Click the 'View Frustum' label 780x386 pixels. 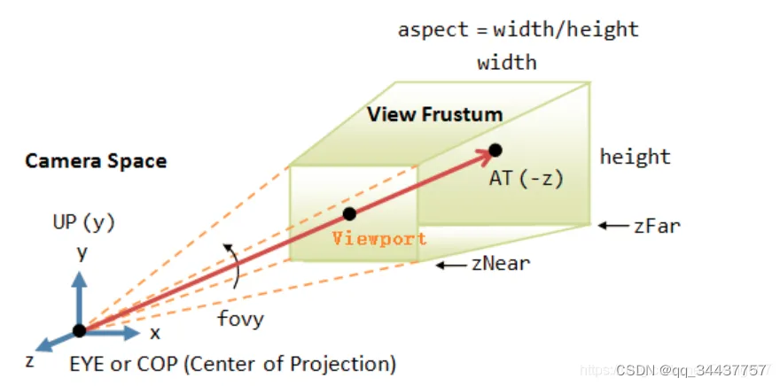[x=434, y=114]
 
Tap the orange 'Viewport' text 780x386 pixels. [x=379, y=238]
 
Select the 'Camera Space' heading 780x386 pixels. [x=96, y=161]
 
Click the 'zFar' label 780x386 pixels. [x=657, y=225]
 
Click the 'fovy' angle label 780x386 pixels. [x=240, y=318]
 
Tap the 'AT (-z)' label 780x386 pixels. [x=526, y=178]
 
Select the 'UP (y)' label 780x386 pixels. [x=83, y=222]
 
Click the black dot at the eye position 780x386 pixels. [x=80, y=330]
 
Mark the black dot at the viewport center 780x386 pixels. [x=349, y=213]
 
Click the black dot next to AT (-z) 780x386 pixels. [x=495, y=151]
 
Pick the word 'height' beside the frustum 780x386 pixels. [x=635, y=158]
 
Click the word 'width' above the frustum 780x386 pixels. [x=507, y=63]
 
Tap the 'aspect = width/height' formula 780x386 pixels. [x=519, y=29]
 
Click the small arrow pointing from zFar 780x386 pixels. [x=612, y=226]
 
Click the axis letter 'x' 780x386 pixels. [x=154, y=333]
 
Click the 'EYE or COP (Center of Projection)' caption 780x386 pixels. [x=232, y=363]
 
